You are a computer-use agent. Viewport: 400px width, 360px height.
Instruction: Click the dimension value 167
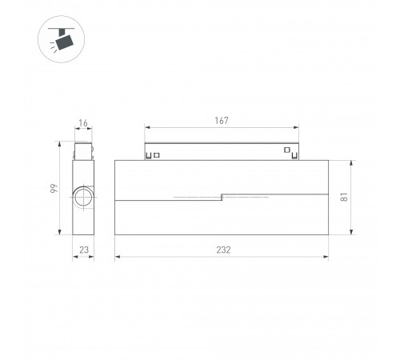tap(222, 121)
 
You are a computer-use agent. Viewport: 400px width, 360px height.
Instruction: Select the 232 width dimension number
tap(222, 250)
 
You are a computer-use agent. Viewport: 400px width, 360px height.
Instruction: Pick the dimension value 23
tap(82, 250)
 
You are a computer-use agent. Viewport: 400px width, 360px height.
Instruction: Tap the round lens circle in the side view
tap(83, 198)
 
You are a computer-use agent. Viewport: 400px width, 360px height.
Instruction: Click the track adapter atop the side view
tap(82, 151)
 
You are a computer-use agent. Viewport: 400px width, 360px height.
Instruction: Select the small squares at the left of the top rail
tap(154, 154)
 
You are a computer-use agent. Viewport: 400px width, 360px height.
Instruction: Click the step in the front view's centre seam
tap(222, 196)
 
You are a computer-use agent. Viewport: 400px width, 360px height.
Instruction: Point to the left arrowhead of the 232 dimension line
tap(118, 258)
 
